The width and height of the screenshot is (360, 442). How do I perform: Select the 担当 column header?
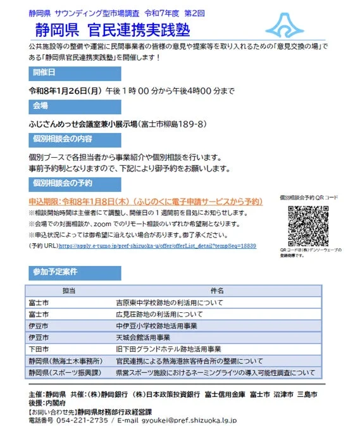click(x=69, y=290)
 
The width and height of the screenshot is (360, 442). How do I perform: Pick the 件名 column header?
click(x=217, y=290)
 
